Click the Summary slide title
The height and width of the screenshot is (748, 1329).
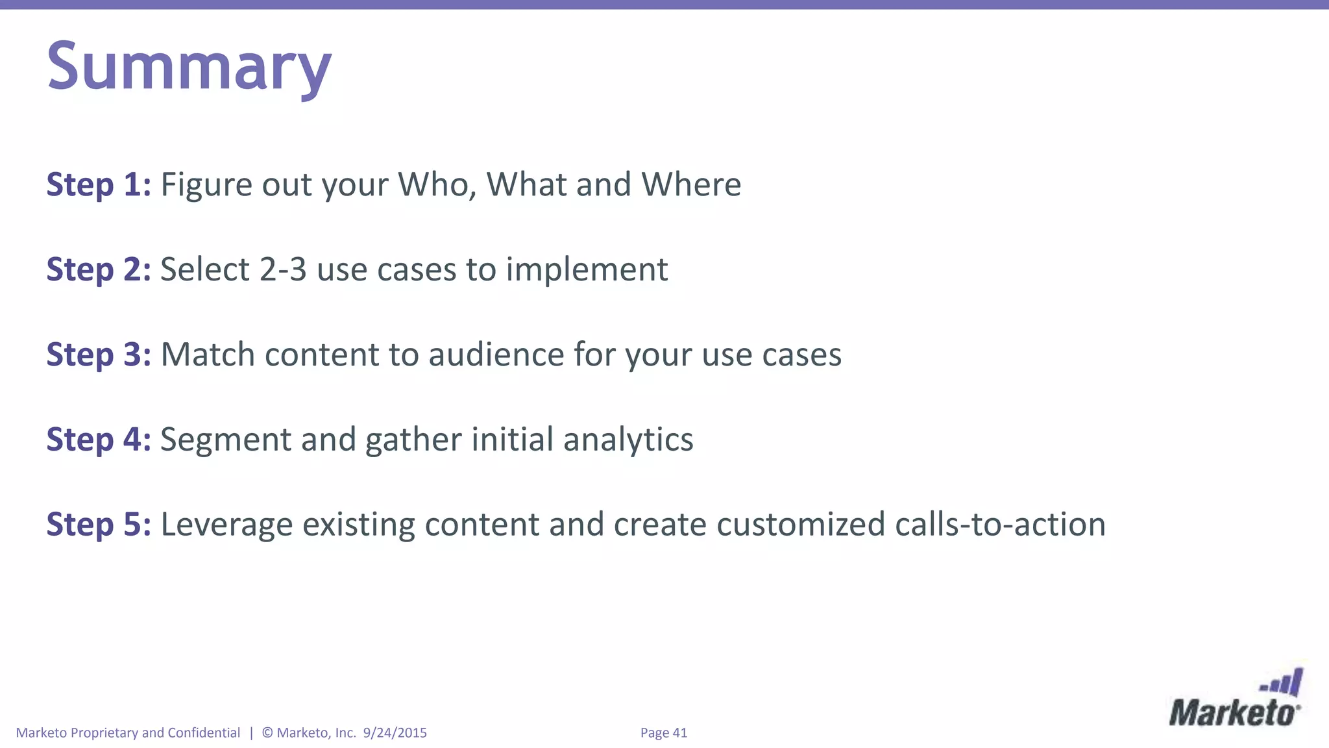[189, 67]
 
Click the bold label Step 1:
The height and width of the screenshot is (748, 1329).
[99, 184]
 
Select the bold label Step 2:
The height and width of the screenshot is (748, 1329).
[99, 269]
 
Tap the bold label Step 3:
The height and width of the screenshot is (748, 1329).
[99, 355]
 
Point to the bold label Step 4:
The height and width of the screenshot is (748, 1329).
[99, 440]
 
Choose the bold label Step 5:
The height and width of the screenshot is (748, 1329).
[99, 525]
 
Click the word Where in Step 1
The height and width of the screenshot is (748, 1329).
[691, 184]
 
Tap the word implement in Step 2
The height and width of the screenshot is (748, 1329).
[587, 271]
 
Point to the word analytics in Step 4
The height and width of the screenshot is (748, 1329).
[628, 440]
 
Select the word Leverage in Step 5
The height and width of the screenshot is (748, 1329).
[226, 526]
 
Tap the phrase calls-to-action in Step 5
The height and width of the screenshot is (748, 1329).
[1000, 525]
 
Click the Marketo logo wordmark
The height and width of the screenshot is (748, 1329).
[1234, 713]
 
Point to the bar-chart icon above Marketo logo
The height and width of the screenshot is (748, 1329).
[1282, 683]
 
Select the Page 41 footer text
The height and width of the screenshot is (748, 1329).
[663, 732]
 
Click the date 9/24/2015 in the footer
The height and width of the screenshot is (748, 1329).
[395, 732]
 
